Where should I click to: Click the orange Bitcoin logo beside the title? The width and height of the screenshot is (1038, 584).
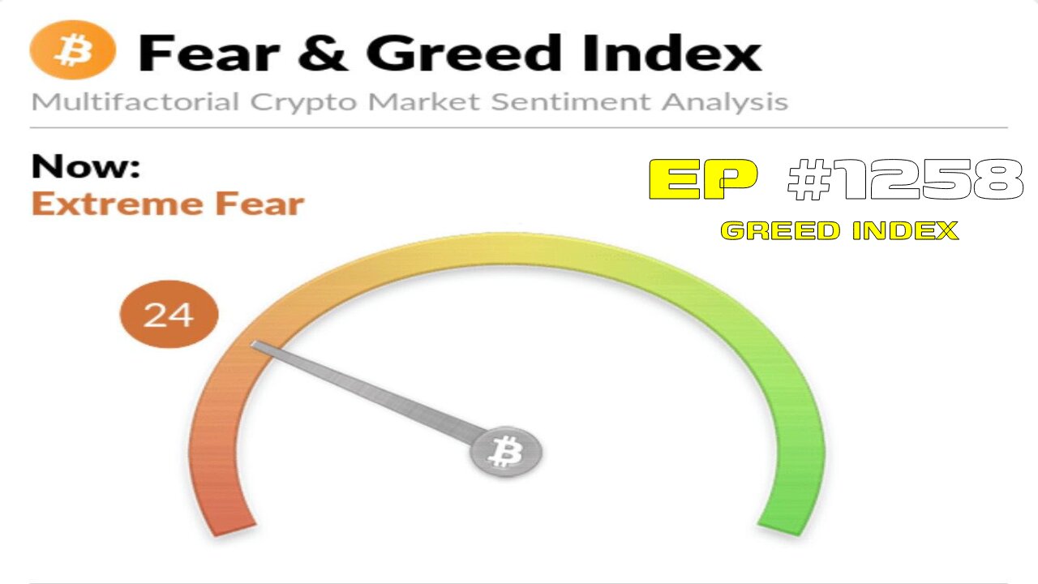coord(73,50)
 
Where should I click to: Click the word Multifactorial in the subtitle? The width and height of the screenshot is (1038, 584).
coord(135,102)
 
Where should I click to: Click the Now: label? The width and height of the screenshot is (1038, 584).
coord(85,166)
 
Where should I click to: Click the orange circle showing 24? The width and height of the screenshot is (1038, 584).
coord(169,313)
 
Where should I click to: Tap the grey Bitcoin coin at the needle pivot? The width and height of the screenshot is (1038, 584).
coord(506,451)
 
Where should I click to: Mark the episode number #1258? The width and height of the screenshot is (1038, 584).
coord(904,179)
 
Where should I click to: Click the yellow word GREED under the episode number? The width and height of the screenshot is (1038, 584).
coord(778,231)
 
